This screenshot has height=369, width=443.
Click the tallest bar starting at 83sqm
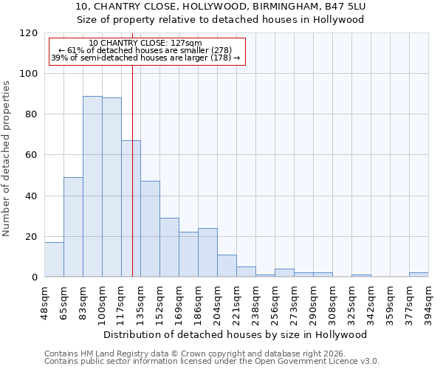92,187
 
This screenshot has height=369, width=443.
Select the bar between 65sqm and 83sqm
73,227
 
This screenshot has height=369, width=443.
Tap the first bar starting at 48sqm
54,260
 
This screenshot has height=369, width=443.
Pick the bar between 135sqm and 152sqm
150,229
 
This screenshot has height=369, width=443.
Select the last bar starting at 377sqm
419,275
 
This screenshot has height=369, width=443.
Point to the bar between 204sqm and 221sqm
227,266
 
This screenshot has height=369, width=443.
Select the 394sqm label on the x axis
428,302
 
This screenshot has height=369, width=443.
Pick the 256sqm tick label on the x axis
275,302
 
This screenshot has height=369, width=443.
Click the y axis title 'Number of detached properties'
7,159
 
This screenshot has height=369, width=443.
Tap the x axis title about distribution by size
235,334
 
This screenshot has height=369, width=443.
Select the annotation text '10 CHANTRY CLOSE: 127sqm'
145,44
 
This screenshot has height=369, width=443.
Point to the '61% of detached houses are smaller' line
145,50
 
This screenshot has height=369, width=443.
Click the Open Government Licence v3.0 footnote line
211,361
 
